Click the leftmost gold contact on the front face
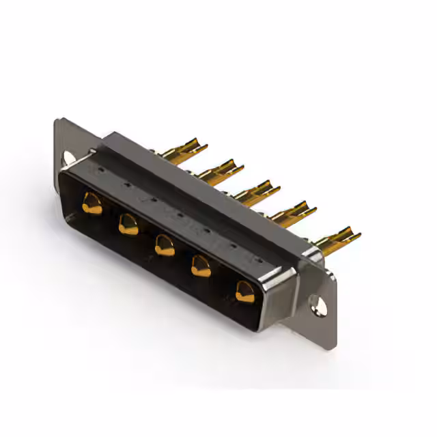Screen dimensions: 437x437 click(x=91, y=203)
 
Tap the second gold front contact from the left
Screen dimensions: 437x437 click(x=128, y=223)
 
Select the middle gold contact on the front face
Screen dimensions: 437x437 click(x=164, y=244)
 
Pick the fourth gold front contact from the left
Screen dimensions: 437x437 click(x=201, y=266)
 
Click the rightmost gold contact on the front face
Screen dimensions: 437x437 click(x=244, y=292)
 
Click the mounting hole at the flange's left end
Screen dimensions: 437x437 click(x=68, y=158)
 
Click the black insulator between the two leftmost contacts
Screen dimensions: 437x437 click(x=109, y=214)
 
